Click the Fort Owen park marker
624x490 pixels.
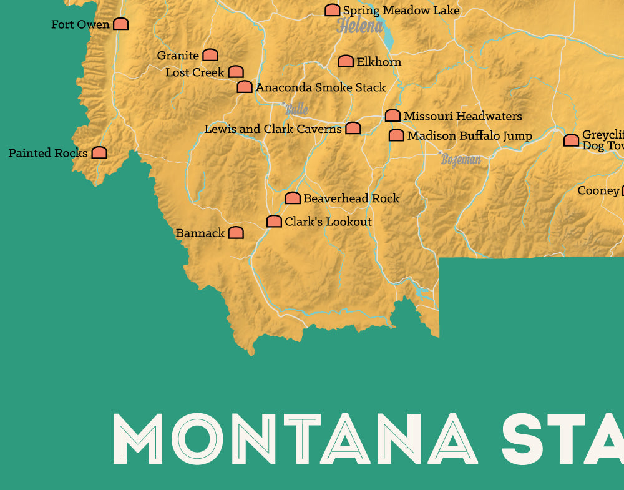coord(120,24)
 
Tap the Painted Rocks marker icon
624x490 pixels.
coord(99,152)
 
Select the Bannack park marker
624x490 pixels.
coord(235,233)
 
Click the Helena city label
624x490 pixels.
coord(359,26)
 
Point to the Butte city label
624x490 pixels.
coord(296,109)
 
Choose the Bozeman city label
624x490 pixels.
coord(461,159)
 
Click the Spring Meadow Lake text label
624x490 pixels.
coord(401,11)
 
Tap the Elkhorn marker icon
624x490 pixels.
coord(346,61)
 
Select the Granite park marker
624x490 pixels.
coord(210,56)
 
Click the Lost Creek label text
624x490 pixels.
coord(195,72)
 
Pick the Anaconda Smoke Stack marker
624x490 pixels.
coord(245,87)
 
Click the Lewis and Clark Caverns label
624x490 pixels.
coord(273,129)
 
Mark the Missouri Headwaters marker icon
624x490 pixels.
coord(392,115)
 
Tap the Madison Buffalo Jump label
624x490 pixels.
coord(469,135)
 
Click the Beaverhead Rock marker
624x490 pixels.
coord(293,198)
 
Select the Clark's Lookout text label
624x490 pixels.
coord(328,222)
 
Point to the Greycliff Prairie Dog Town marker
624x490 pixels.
coord(571,140)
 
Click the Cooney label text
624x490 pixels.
coord(598,190)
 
